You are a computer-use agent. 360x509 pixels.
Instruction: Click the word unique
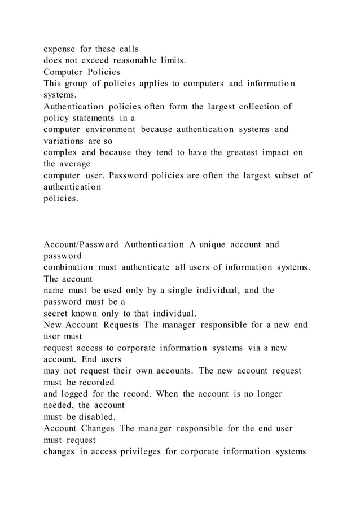coord(211,245)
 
